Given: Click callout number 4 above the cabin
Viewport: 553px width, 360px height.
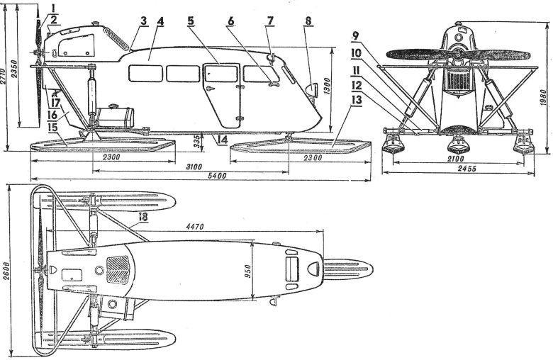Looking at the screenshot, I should [160, 21].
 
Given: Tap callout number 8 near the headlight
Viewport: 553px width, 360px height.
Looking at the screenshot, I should [307, 21].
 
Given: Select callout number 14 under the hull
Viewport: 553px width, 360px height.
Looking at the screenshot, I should [222, 140].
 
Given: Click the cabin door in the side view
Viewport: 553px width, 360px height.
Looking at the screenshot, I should [219, 89].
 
